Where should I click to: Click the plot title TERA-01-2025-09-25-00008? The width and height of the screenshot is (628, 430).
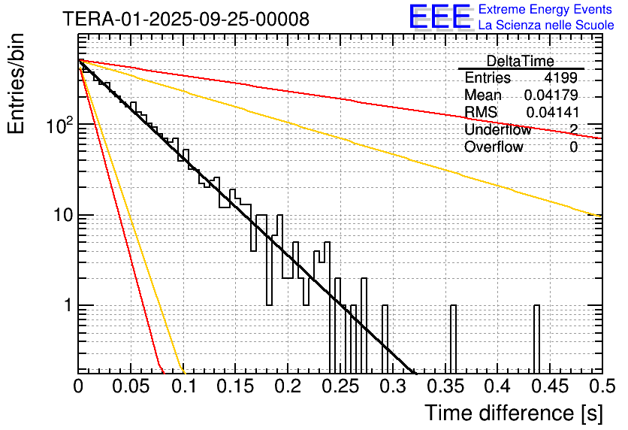coord(186,20)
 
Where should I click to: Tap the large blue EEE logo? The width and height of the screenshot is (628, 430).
coord(439,17)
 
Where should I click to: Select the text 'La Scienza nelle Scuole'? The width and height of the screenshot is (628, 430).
coord(546,26)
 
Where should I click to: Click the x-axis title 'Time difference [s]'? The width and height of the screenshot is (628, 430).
coord(512,413)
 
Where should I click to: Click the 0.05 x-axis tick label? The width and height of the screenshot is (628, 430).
coord(131,386)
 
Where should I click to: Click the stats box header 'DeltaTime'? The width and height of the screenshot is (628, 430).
coord(521,61)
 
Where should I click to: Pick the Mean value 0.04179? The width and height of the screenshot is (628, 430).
coord(551,95)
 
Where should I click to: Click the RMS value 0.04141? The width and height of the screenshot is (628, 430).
coord(552,113)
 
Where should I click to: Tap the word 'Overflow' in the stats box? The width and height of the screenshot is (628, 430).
coord(494,147)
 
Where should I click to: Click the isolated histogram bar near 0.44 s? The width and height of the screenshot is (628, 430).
coord(537,338)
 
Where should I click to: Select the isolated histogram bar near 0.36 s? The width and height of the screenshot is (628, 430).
coord(453,338)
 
